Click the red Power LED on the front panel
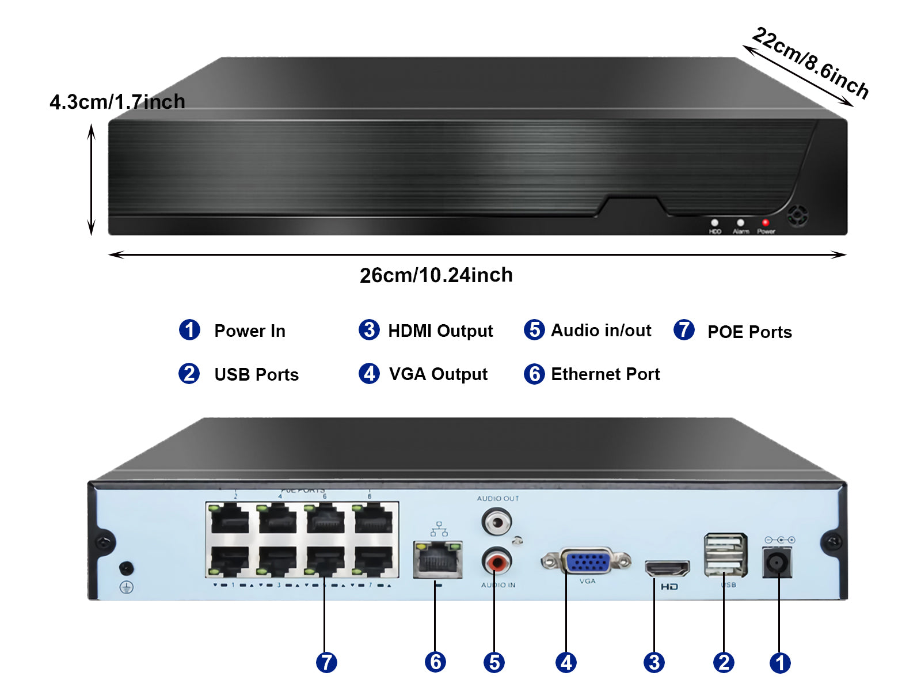[765, 222]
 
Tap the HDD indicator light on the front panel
[714, 222]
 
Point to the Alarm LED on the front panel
[740, 222]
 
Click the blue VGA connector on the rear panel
[586, 561]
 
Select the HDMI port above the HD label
[667, 568]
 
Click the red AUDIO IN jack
[496, 561]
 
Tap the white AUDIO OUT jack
[496, 523]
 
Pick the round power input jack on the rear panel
[777, 562]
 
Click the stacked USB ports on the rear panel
[725, 555]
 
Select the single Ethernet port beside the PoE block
[437, 560]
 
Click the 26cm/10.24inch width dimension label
[436, 275]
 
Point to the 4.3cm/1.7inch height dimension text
[117, 102]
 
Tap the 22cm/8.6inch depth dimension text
[810, 62]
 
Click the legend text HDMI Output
[440, 331]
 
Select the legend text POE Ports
[749, 332]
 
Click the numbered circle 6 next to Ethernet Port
[534, 374]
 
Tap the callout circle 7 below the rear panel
[326, 662]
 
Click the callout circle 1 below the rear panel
[780, 663]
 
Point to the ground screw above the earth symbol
[126, 568]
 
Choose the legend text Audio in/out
[601, 331]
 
